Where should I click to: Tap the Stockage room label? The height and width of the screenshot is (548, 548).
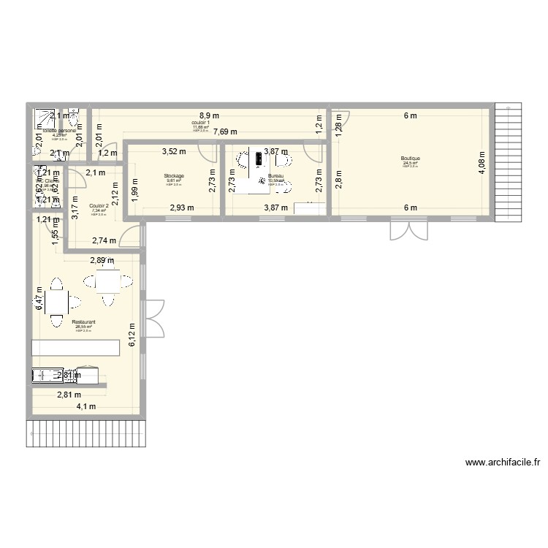174,176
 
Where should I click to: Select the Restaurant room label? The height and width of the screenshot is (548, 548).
84,321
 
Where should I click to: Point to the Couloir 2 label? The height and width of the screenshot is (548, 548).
99,206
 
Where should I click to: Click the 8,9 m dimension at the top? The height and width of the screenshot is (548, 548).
210,115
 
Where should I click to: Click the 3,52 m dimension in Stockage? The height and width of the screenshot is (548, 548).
174,152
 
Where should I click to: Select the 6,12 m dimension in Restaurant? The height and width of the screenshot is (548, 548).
132,336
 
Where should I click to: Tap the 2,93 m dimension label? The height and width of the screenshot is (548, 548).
182,208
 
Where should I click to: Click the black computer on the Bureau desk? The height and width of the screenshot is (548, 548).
261,157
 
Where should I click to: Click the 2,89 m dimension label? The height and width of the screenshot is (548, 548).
102,260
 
